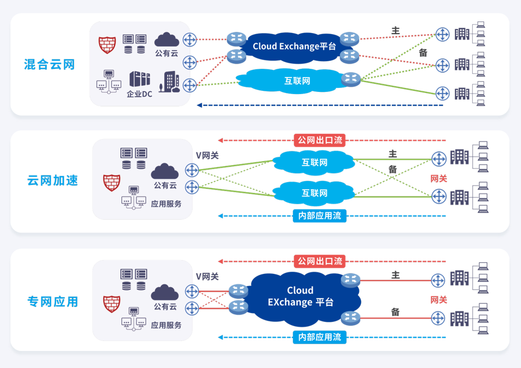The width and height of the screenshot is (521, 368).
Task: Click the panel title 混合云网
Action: point(49,64)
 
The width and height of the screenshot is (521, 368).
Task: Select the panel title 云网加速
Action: point(53,180)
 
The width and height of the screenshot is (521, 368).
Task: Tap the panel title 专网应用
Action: point(53,302)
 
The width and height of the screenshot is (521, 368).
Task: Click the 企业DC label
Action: point(140,94)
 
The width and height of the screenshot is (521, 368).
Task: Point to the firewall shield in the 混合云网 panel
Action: point(107,45)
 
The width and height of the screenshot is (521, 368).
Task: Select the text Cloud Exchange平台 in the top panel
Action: point(295,46)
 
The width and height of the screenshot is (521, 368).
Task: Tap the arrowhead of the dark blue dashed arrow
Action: point(199,106)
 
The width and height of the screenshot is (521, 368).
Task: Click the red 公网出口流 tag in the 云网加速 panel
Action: point(320,140)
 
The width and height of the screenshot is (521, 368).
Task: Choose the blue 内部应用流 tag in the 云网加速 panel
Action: point(320,216)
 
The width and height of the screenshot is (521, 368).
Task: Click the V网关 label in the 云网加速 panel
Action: point(207,156)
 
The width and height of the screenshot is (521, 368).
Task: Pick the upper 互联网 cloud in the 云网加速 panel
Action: point(314,162)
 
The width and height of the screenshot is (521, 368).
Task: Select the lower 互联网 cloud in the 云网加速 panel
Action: point(314,193)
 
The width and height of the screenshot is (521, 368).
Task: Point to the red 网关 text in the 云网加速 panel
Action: point(439,179)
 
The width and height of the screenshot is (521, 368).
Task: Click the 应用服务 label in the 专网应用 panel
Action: point(166,325)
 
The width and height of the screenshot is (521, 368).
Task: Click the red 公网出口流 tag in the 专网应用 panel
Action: point(320,261)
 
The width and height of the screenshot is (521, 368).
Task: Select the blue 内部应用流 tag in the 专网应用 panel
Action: point(320,337)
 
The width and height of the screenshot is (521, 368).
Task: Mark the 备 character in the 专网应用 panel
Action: point(395,312)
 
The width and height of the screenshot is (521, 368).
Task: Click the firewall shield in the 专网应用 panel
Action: point(112,304)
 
